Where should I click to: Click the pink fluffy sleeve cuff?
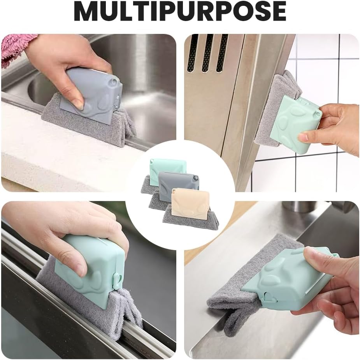pyautogui.click(x=19, y=48)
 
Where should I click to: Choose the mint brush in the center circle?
pyautogui.click(x=168, y=169)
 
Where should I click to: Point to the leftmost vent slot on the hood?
pyautogui.click(x=192, y=53)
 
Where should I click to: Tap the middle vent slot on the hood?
pyautogui.click(x=207, y=53)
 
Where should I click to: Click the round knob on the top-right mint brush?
pyautogui.click(x=318, y=114)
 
